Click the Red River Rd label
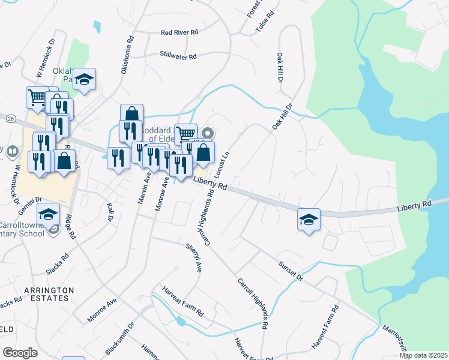click(x=179, y=32)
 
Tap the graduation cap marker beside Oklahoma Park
click(x=84, y=80)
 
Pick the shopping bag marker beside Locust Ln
click(x=203, y=152)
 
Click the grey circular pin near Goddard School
click(x=208, y=133)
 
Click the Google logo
click(x=20, y=352)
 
